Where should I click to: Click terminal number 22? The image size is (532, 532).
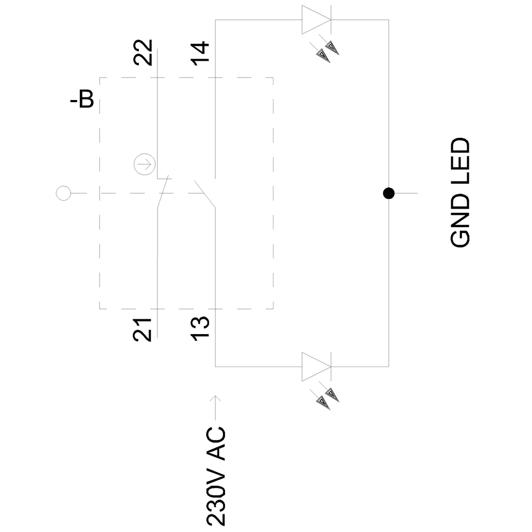click(x=143, y=53)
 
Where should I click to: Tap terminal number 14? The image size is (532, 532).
click(x=201, y=53)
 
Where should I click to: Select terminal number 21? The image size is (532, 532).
click(x=143, y=329)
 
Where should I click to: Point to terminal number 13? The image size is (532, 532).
click(x=201, y=329)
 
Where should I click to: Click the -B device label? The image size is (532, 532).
click(x=82, y=100)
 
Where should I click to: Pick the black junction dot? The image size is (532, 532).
click(x=388, y=193)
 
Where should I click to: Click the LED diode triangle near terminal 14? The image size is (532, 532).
click(x=315, y=20)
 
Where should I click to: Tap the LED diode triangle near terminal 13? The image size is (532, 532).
click(x=315, y=367)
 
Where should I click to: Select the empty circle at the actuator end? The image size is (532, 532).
click(x=63, y=193)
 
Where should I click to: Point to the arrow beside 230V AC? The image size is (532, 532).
click(x=215, y=407)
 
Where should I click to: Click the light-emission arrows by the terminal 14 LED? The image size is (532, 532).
click(x=327, y=51)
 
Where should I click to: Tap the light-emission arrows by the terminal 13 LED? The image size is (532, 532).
click(x=327, y=397)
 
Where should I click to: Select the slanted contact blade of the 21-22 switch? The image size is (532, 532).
click(x=163, y=193)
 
